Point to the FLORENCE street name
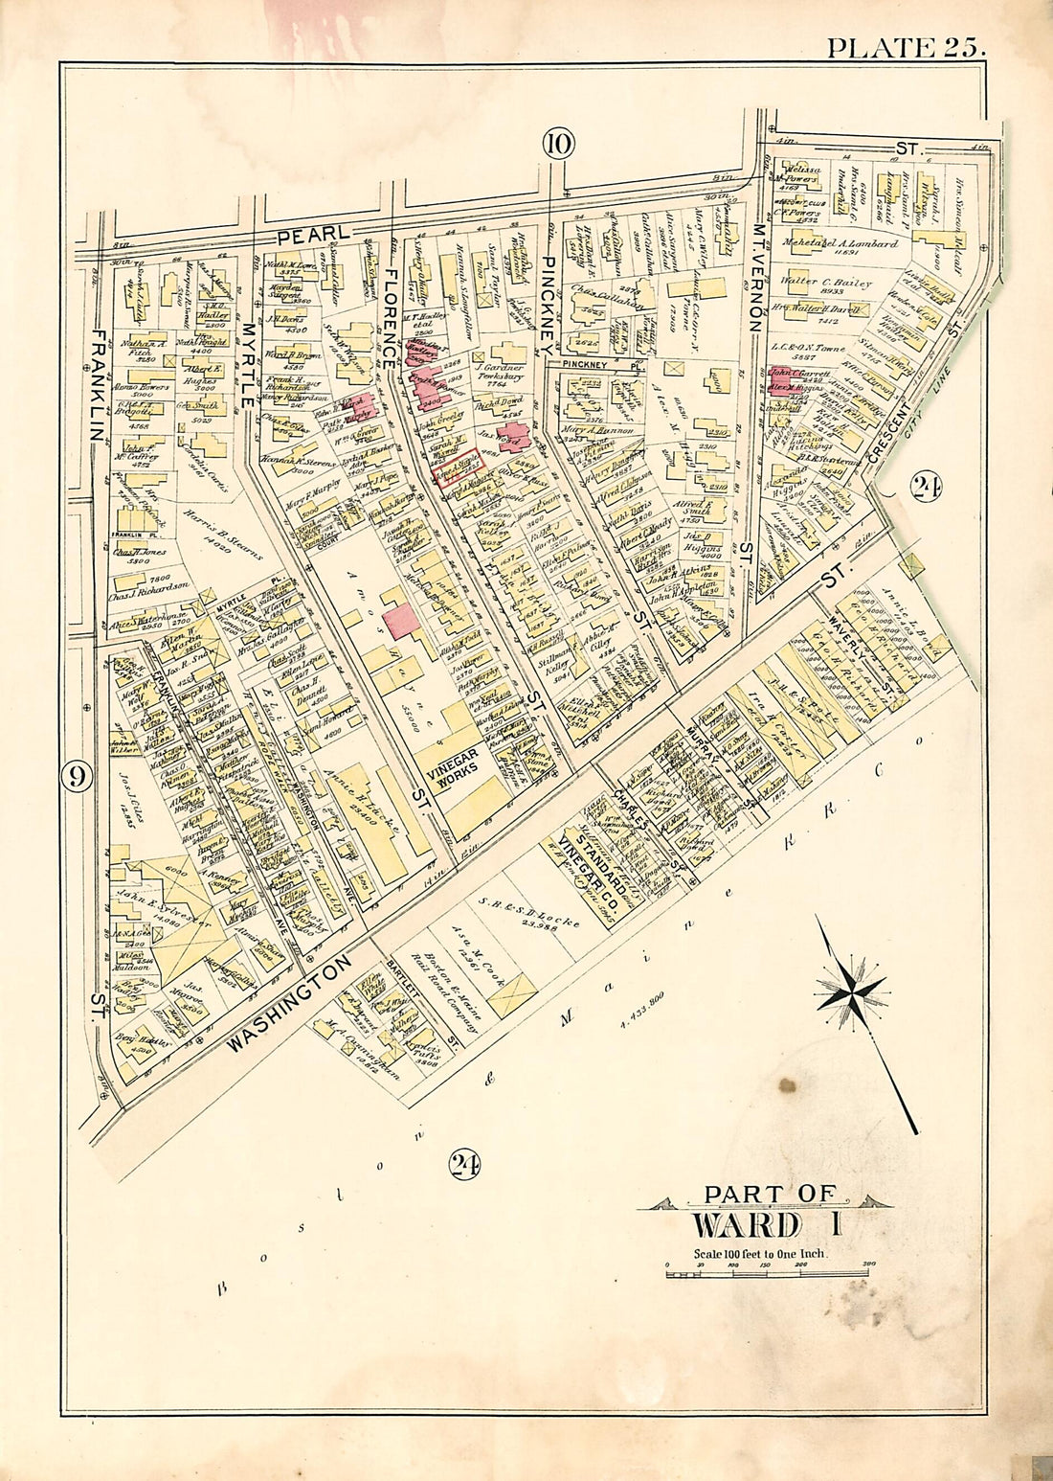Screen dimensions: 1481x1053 pos(390,316)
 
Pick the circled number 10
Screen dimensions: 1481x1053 pos(558,144)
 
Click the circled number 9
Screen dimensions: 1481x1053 pos(78,778)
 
